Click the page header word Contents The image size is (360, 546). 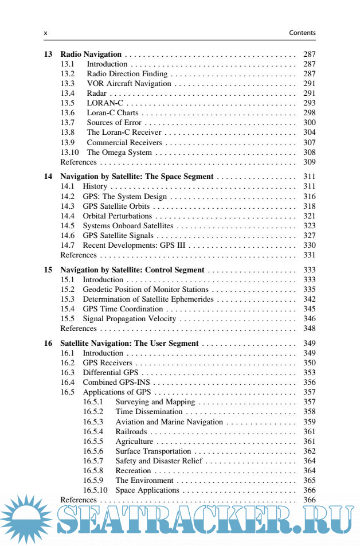coord(302,33)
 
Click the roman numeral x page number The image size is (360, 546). coord(46,33)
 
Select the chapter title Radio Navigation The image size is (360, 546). coord(91,54)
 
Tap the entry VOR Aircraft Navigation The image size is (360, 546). coord(129,84)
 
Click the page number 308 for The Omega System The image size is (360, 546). coord(309,153)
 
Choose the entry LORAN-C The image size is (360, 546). coord(105,103)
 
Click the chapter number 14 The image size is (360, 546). coord(48,177)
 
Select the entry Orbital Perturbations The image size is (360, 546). coord(117,216)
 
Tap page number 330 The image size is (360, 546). coord(309,245)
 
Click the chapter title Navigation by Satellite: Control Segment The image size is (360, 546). coord(132,270)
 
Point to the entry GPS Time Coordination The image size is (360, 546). coord(123,309)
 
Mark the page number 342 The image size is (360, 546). coord(309,299)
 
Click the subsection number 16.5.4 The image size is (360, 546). coord(93,432)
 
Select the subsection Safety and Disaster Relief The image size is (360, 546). coord(159,461)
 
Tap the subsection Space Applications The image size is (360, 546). coord(147,490)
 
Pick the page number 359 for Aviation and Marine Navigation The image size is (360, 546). coord(309,422)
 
